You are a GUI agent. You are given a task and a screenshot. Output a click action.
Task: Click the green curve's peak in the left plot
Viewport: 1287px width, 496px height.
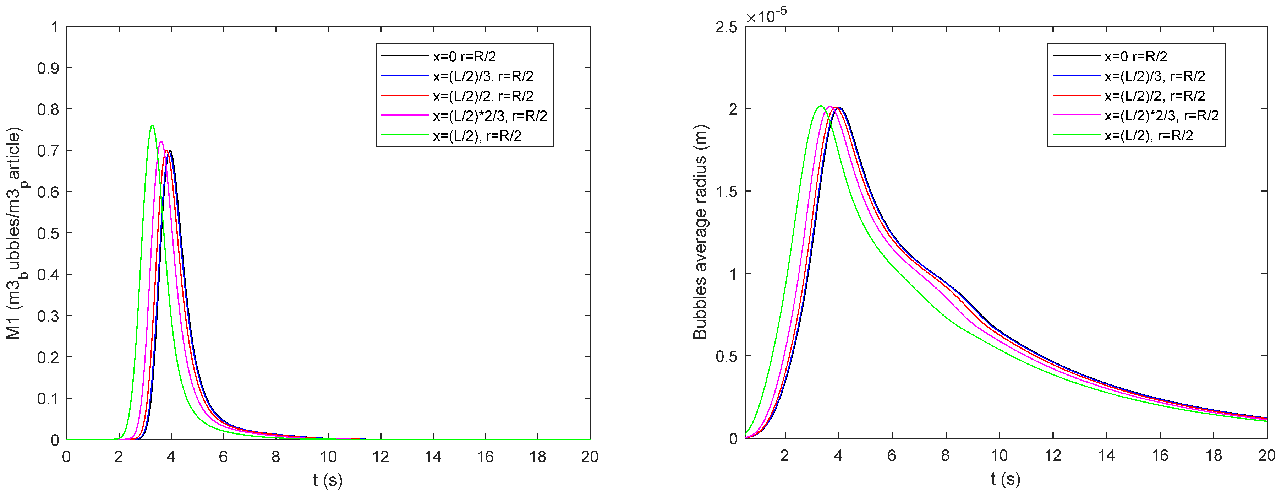click(x=152, y=125)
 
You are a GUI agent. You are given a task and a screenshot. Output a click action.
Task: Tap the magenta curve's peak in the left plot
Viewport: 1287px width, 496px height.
click(x=161, y=141)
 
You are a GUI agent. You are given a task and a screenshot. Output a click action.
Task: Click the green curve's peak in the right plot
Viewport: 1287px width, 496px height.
click(x=820, y=106)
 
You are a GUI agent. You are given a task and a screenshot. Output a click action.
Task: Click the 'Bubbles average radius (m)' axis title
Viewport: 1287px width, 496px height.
click(x=700, y=232)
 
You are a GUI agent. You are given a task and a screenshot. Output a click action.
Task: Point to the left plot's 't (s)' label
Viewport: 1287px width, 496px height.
click(x=328, y=480)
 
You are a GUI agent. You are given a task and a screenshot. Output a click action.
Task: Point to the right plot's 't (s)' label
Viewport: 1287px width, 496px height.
click(x=1006, y=479)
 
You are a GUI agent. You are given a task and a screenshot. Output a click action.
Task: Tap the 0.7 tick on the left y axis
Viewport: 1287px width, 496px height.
click(x=48, y=151)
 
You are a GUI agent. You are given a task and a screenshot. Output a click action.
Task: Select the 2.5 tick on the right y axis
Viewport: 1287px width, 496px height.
click(x=727, y=27)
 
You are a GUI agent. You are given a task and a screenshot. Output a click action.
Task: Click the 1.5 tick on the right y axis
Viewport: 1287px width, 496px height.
click(x=727, y=192)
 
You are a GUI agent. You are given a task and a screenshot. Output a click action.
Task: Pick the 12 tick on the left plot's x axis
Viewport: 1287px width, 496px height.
click(x=381, y=457)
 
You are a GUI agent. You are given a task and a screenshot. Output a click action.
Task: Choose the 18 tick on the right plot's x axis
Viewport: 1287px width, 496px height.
click(x=1214, y=455)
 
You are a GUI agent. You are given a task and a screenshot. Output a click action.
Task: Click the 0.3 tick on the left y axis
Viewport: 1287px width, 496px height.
click(x=48, y=316)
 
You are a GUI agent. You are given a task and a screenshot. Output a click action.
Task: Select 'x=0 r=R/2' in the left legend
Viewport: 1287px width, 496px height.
click(x=464, y=56)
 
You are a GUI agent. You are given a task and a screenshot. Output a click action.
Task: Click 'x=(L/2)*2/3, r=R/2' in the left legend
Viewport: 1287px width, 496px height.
click(x=489, y=116)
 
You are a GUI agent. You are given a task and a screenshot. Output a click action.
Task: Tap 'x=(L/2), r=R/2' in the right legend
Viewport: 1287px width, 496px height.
click(x=1149, y=135)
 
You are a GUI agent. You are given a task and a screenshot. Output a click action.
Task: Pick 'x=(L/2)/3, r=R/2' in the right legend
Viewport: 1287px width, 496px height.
click(x=1155, y=76)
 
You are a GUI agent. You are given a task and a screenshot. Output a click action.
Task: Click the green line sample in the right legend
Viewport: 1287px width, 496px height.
click(x=1077, y=135)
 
